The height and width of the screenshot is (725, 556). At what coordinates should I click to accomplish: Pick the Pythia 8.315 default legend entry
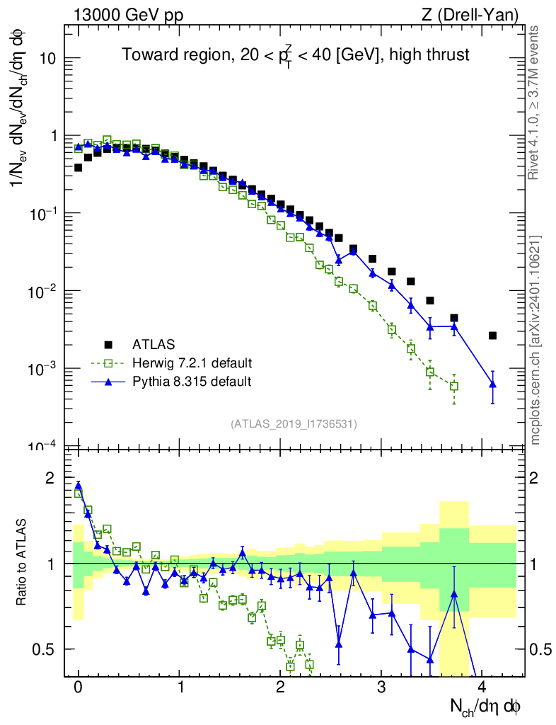click(191, 382)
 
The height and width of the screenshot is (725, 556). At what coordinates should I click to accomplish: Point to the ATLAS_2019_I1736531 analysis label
click(293, 424)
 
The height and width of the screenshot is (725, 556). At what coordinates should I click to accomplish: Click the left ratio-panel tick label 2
click(50, 478)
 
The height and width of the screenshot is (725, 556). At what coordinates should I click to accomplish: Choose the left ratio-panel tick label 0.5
click(45, 649)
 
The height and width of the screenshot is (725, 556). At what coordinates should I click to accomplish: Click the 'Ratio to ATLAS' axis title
click(22, 563)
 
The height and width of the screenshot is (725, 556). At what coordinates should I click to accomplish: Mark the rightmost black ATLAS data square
click(492, 336)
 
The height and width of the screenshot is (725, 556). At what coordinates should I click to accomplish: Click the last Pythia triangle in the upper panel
click(492, 384)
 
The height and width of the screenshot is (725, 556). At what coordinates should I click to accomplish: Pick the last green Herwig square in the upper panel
click(454, 386)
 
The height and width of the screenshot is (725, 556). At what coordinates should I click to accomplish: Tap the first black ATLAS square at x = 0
click(79, 168)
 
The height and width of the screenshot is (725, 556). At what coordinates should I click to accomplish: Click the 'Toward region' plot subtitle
click(295, 55)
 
